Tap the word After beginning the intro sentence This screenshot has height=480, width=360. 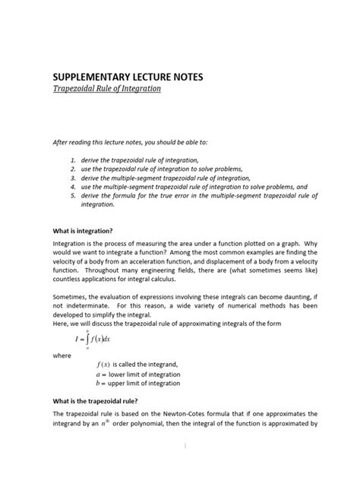(60, 142)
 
